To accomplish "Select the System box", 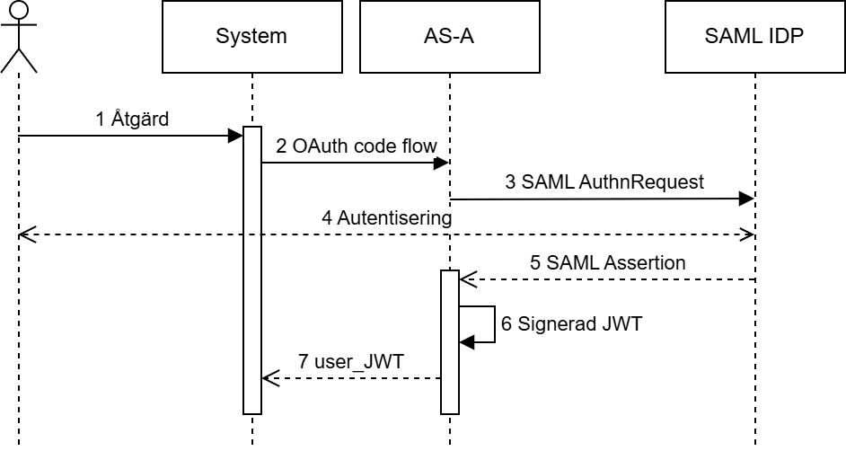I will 251,37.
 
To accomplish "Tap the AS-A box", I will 449,37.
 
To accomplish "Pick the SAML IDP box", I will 754,37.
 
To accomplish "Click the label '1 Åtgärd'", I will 132,119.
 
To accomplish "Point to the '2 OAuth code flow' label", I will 357,146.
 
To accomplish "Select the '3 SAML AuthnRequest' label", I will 604,182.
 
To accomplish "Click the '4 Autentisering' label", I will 388,218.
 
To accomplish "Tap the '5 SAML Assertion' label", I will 608,263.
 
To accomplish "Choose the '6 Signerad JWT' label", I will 572,324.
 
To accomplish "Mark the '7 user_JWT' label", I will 351,362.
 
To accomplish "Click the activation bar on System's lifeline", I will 252,270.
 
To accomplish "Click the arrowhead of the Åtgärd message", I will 237,136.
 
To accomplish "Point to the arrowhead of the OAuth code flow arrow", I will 442,163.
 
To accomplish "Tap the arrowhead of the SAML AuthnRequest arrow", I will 746,199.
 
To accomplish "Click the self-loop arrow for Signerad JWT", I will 493,324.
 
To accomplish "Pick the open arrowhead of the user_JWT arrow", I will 268,378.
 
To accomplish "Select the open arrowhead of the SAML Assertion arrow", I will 465,279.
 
